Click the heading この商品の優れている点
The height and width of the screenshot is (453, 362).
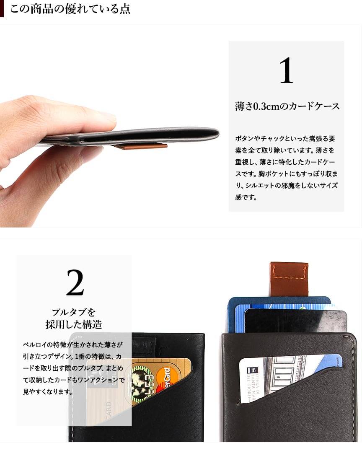(x=70, y=9)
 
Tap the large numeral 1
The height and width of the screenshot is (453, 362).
(x=286, y=70)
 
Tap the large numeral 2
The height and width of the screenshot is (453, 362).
(x=75, y=282)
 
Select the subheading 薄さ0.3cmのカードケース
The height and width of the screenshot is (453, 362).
(x=287, y=106)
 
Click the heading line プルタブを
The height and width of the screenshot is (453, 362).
(x=73, y=312)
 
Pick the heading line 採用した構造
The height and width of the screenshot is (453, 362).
(x=74, y=324)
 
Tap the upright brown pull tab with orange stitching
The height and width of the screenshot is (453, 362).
(x=289, y=279)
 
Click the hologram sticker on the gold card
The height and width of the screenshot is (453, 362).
(x=143, y=384)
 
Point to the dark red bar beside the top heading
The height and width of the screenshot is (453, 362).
(x=2, y=9)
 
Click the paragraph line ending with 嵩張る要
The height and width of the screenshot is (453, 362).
(x=285, y=139)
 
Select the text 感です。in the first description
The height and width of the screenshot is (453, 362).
(x=246, y=198)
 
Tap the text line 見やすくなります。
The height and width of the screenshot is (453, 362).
(x=48, y=392)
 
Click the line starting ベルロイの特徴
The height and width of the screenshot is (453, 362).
(x=73, y=344)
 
